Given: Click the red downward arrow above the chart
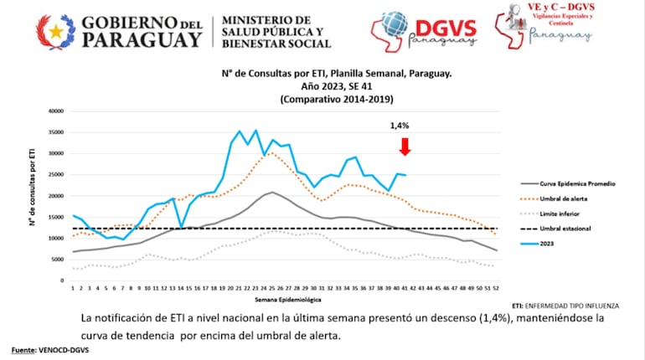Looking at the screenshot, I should (x=405, y=147).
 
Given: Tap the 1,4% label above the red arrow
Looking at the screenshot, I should (x=400, y=126).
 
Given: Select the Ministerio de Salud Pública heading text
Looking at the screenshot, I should (x=276, y=32).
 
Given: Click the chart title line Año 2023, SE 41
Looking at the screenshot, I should (x=335, y=85).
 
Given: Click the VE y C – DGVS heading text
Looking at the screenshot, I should (x=560, y=7).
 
